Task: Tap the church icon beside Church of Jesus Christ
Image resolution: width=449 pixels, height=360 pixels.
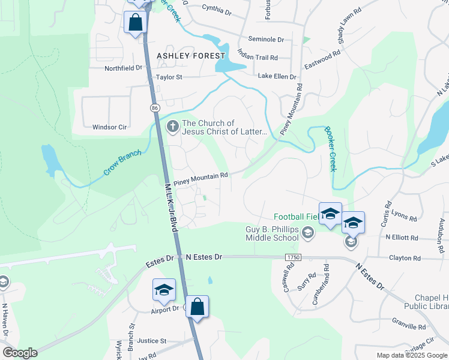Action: pos(172,127)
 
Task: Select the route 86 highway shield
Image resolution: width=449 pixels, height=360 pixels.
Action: pos(155,107)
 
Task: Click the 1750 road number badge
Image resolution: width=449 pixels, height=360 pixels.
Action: pos(292,257)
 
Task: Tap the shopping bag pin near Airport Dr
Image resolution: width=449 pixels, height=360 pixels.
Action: pos(197,307)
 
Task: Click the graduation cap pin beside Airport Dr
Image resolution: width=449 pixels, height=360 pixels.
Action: pos(164,290)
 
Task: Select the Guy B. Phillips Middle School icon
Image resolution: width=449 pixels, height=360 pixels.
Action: pos(308,232)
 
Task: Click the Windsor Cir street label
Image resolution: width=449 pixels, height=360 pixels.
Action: pos(110,127)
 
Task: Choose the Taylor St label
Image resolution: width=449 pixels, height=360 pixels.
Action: pos(169,77)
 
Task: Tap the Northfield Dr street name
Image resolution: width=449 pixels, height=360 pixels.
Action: pos(123,68)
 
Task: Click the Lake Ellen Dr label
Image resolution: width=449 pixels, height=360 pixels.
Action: pos(277,77)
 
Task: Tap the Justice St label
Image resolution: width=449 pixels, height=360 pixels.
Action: pos(151,341)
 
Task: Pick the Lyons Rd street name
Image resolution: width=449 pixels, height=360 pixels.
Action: pos(403,217)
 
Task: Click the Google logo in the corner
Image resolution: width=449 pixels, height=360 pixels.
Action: pos(20,353)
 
